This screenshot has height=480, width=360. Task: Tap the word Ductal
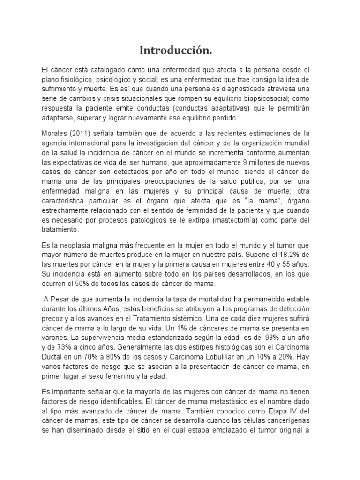[x=53, y=368]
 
